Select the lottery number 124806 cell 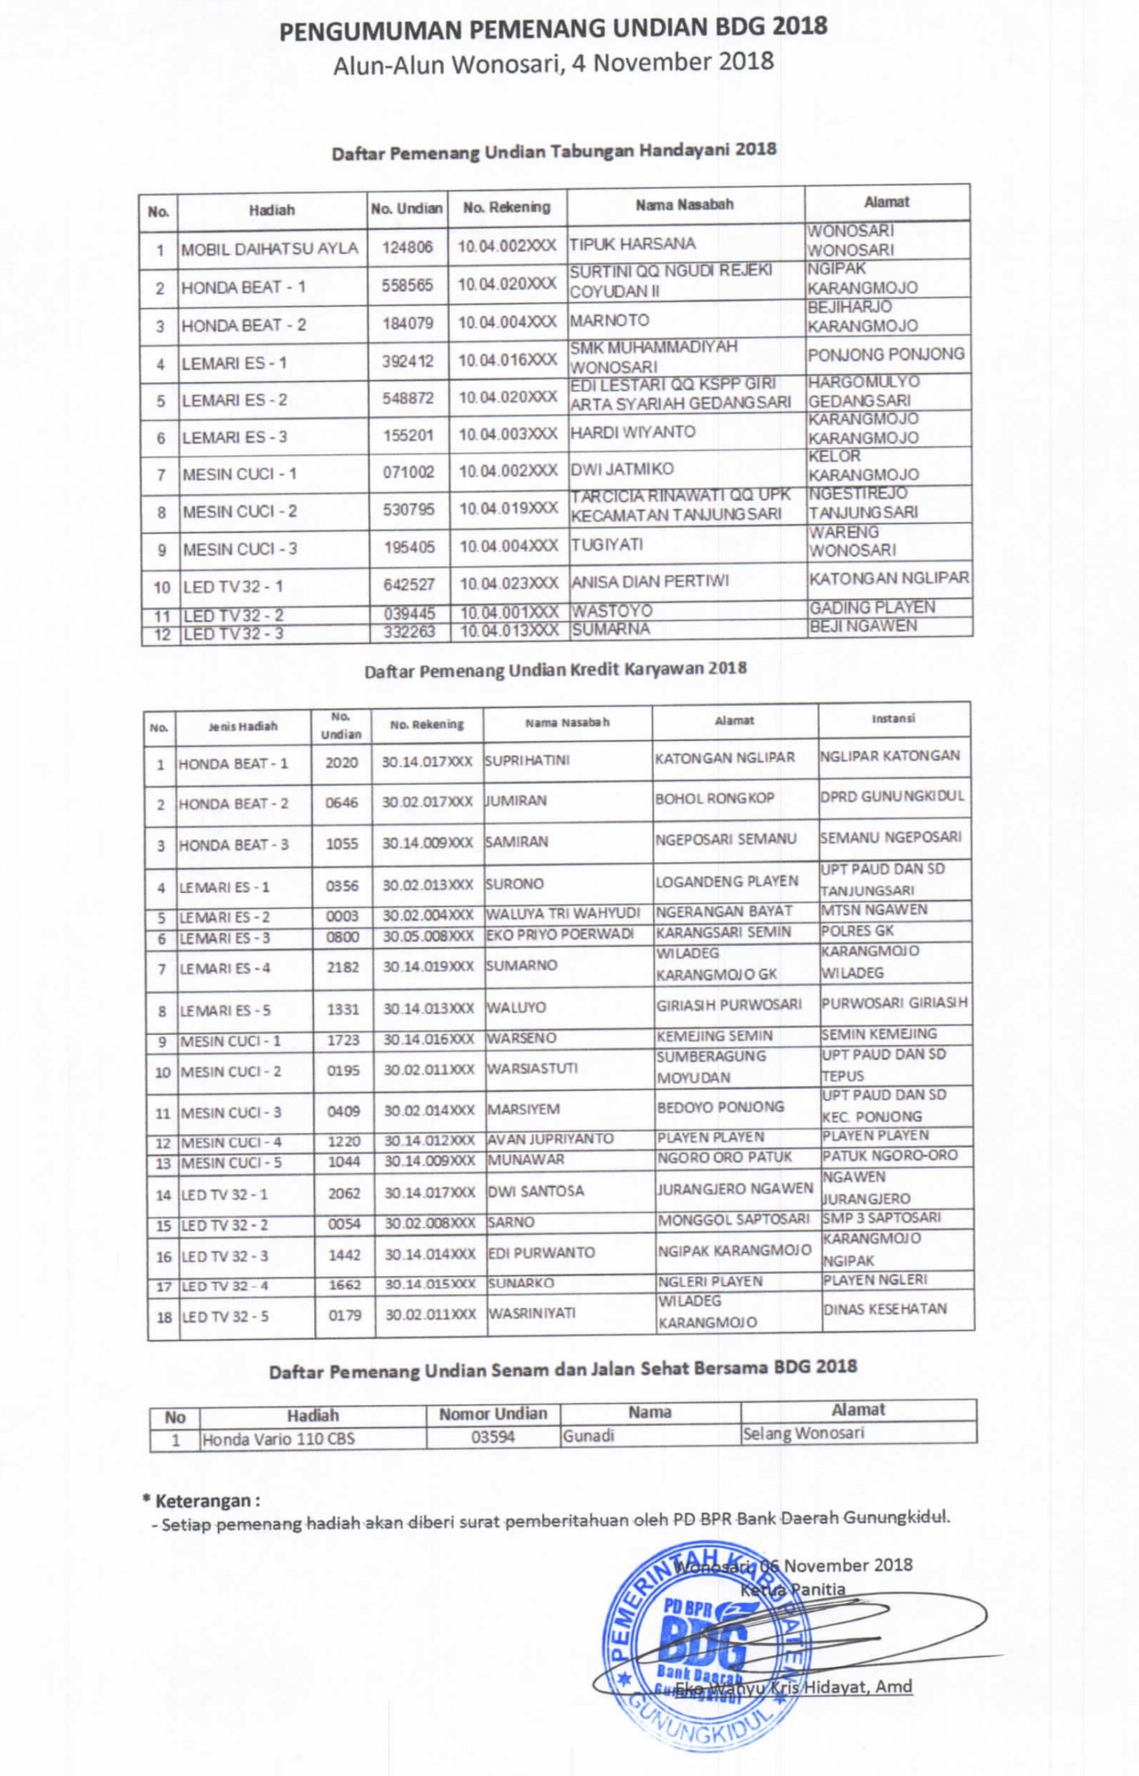pyautogui.click(x=407, y=247)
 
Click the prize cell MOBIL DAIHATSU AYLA pyautogui.click(x=270, y=248)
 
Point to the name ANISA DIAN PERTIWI pyautogui.click(x=649, y=581)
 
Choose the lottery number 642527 pyautogui.click(x=409, y=584)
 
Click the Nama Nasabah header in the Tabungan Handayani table pyautogui.click(x=684, y=205)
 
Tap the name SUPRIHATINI pyautogui.click(x=527, y=760)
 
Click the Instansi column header pyautogui.click(x=893, y=718)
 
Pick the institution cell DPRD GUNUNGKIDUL pyautogui.click(x=892, y=796)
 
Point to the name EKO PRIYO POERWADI pyautogui.click(x=560, y=934)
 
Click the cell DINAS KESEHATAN pyautogui.click(x=884, y=1308)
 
